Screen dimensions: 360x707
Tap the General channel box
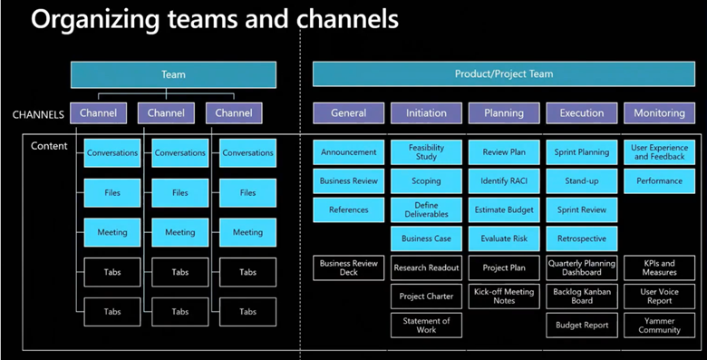[x=349, y=113]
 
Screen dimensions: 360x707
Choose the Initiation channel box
[x=426, y=113]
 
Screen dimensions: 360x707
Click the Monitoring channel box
[x=659, y=113]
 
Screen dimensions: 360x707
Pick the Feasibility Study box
[x=426, y=152]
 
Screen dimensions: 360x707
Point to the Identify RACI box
[x=504, y=181]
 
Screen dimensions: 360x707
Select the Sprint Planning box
[x=581, y=152]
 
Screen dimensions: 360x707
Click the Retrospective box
[x=581, y=238]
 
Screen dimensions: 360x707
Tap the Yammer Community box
[x=659, y=325]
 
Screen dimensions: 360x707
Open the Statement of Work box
[x=426, y=325]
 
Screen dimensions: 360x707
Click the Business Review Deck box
[x=349, y=268]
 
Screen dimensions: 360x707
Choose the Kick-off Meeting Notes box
[x=504, y=296]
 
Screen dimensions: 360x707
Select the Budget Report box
[x=581, y=325]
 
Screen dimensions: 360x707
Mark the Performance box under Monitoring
[x=659, y=181]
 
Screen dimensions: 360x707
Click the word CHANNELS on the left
[x=39, y=114]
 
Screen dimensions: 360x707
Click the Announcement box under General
[x=349, y=152]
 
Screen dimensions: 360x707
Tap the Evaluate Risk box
[x=504, y=238]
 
